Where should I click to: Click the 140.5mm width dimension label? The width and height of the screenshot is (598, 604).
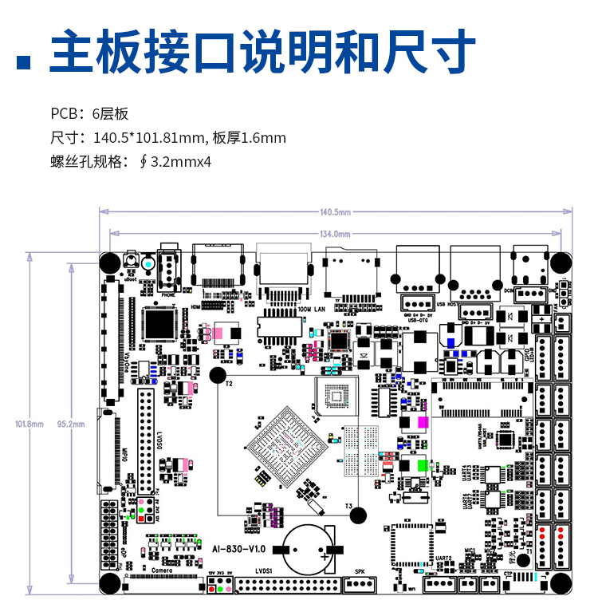click(335, 212)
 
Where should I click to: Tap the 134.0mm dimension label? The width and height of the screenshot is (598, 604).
click(335, 234)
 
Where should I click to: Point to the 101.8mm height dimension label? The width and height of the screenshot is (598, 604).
click(30, 424)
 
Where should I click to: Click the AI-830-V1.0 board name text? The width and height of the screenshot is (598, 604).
click(239, 549)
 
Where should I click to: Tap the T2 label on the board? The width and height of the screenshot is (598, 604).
click(229, 385)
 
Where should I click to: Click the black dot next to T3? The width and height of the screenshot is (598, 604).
click(358, 515)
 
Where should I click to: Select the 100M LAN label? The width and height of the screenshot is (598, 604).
click(312, 308)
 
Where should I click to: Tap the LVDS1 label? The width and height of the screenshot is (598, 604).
click(264, 571)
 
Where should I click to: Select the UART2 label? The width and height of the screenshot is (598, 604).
click(444, 558)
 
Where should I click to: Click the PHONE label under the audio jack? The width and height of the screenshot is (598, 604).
click(168, 294)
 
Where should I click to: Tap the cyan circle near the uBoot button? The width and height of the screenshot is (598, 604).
click(148, 261)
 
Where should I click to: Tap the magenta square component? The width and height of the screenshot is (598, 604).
click(423, 422)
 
